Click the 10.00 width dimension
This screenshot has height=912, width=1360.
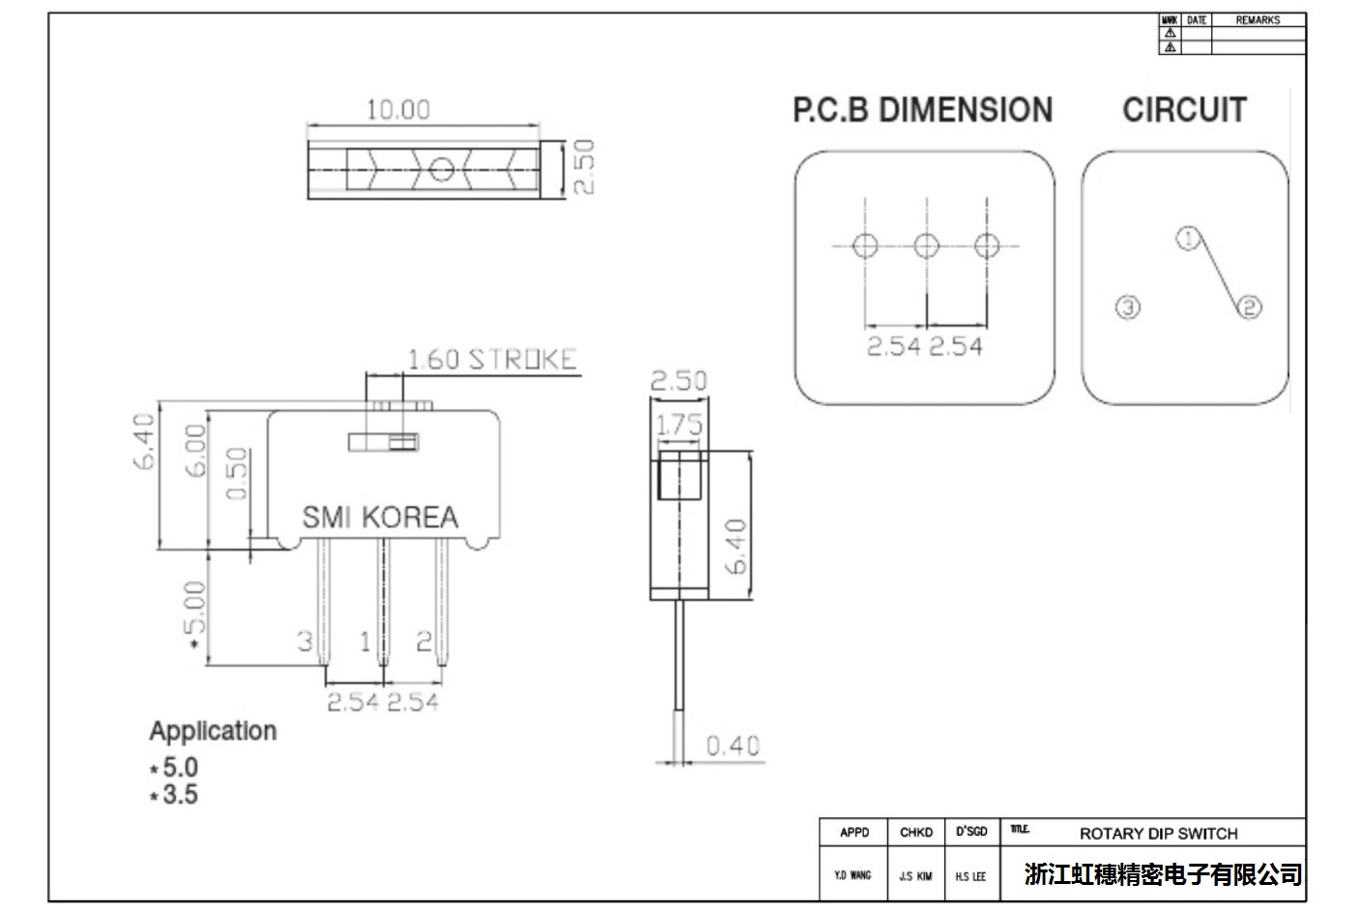[397, 110]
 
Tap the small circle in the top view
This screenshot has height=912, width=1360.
[441, 170]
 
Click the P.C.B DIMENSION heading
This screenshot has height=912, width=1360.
[922, 110]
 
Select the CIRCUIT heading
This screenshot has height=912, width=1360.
[1184, 110]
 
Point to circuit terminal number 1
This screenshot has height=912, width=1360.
[1188, 238]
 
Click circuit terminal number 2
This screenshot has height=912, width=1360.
[1250, 307]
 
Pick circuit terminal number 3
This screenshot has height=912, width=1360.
[1128, 307]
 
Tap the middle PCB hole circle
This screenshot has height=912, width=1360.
[926, 245]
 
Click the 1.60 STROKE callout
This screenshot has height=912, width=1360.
[491, 360]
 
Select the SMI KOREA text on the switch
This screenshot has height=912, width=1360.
[380, 518]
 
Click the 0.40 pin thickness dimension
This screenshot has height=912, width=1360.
[733, 746]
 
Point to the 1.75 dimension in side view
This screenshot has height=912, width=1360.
[680, 425]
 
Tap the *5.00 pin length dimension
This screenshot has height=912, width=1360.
[195, 615]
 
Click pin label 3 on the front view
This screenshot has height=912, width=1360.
[304, 641]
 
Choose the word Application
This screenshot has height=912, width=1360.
[213, 731]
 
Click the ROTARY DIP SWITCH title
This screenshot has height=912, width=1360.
[1158, 833]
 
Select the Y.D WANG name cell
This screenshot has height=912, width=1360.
[853, 875]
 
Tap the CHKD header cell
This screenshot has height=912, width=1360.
[915, 833]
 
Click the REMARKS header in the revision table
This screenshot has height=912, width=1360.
[1257, 20]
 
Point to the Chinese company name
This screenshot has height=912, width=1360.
[1163, 875]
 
